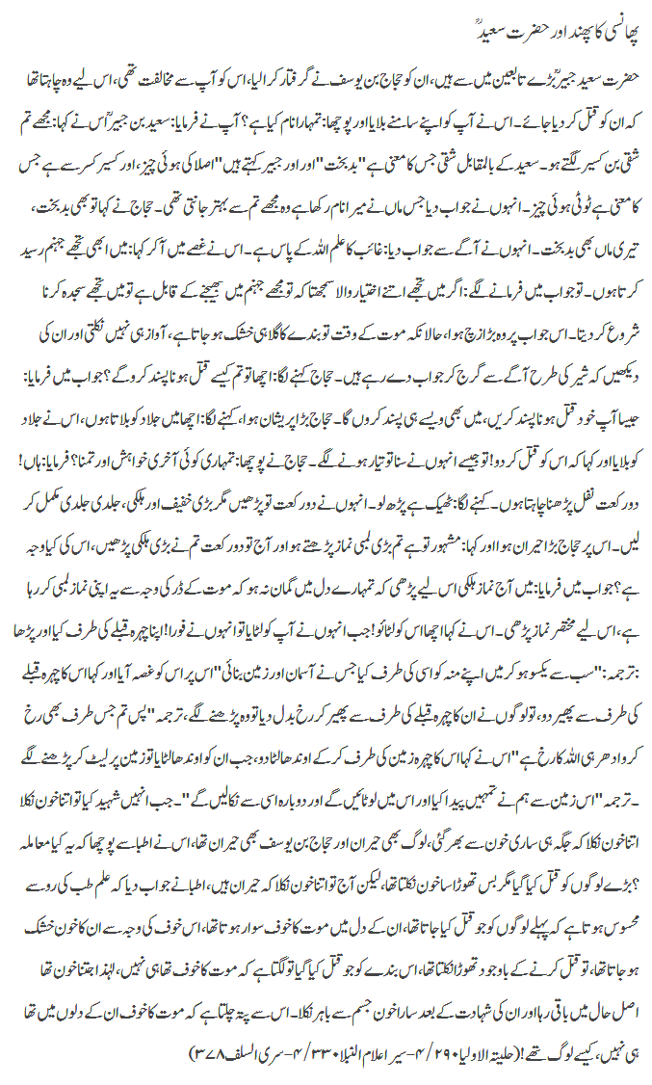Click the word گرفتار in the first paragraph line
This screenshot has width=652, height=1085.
(298, 72)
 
